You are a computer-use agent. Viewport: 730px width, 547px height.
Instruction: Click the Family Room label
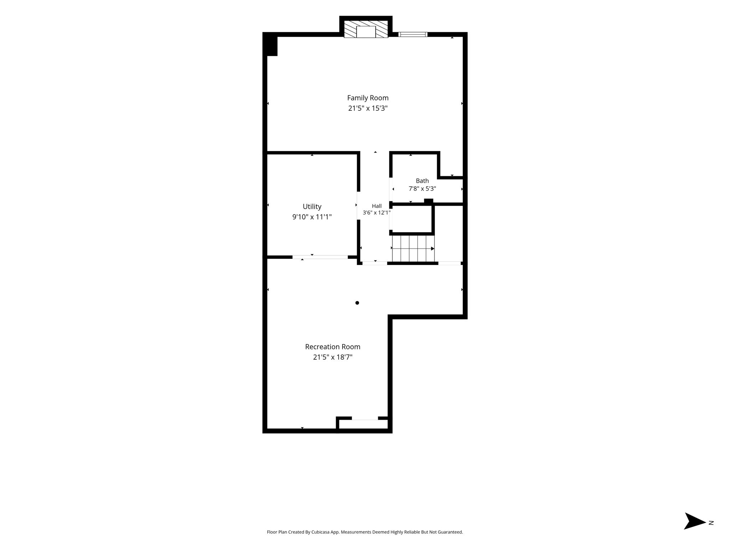click(368, 98)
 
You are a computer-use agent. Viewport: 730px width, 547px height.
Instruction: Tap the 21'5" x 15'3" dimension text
click(368, 108)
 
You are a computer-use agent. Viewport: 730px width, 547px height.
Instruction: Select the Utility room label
click(312, 207)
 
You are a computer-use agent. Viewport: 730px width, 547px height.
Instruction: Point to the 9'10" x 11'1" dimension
click(312, 217)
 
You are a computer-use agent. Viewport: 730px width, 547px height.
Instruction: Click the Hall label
click(377, 206)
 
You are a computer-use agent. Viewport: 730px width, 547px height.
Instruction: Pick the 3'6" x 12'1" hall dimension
click(377, 213)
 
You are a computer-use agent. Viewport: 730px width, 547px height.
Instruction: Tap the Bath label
click(422, 181)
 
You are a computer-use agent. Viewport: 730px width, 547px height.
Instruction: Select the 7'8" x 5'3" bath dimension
click(422, 189)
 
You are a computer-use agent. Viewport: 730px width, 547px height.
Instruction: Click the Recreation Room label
click(333, 347)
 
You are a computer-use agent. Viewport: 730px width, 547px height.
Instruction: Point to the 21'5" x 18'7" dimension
click(333, 357)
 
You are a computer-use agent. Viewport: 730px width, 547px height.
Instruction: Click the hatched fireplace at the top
click(366, 29)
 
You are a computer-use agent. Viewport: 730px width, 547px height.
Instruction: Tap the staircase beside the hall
click(413, 248)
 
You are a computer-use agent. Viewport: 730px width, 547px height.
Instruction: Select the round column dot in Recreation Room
click(357, 303)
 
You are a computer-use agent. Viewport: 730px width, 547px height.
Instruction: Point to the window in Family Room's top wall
click(413, 35)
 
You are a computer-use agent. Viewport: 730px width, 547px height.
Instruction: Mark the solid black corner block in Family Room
click(270, 45)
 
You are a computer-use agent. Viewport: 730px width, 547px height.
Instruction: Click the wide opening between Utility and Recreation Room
click(320, 257)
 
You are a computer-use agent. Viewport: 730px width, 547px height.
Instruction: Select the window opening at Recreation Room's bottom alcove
click(365, 418)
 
